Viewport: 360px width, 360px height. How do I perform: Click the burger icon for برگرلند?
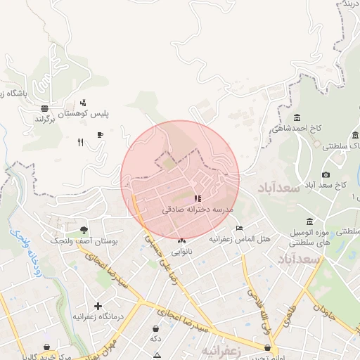45,108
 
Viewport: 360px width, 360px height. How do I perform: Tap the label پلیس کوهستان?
103,112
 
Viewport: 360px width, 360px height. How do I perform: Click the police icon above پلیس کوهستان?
84,103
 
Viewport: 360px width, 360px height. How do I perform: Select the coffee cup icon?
100,134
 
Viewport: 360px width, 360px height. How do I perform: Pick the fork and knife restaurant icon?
80,142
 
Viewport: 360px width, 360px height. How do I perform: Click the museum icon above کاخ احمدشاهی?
297,117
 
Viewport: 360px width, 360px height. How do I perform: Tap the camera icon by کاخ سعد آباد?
326,174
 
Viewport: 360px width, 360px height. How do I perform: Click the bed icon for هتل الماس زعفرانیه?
239,228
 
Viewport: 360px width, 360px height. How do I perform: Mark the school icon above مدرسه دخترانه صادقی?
198,199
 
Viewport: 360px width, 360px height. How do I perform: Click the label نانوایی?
180,250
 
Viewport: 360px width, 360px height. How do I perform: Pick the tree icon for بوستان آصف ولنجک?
84,230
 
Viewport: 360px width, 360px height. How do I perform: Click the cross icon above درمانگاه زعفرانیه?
97,306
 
